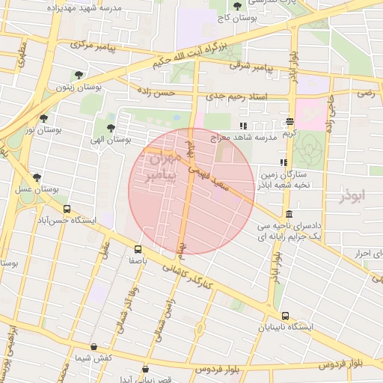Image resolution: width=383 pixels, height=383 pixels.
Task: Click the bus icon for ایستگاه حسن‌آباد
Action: [68, 209]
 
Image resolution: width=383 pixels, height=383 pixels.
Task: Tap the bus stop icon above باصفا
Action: [138, 249]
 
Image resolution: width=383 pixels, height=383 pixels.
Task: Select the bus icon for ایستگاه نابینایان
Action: [285, 316]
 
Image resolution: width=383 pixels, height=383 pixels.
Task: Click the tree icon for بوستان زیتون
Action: [79, 75]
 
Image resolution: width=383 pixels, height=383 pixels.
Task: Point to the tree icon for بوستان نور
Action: [43, 117]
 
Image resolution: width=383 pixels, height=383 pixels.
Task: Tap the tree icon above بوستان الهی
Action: [111, 128]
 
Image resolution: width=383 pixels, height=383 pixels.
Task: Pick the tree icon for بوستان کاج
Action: [237, 6]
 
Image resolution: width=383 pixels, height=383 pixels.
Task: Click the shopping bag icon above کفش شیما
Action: [93, 347]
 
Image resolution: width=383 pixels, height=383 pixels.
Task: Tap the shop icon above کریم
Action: [290, 122]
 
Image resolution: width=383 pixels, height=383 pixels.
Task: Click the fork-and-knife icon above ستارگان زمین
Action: [282, 162]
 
